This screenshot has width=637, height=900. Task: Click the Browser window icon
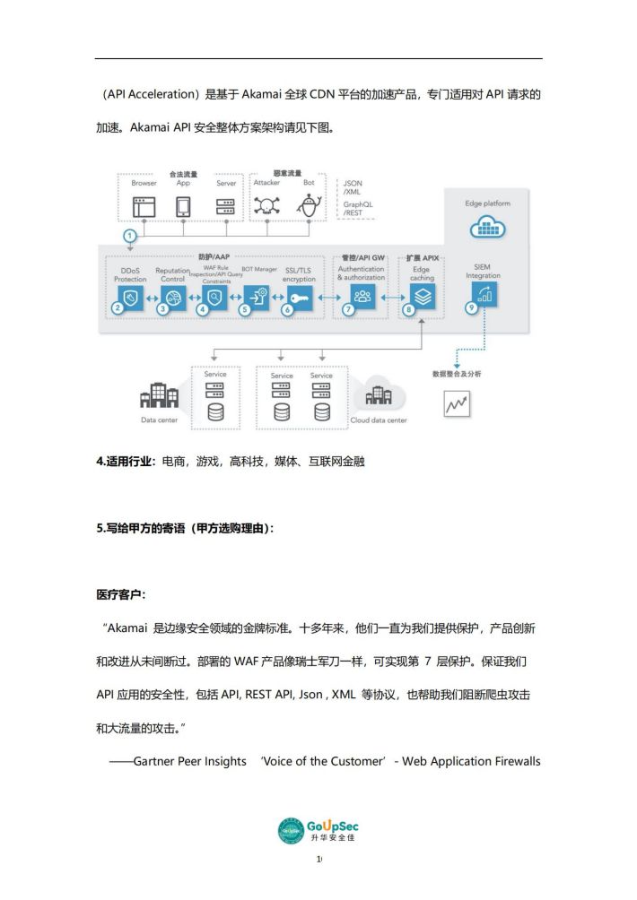(144, 206)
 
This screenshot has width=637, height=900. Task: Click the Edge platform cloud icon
(488, 228)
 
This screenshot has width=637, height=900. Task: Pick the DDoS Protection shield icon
(131, 297)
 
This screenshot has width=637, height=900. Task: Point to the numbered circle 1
(130, 236)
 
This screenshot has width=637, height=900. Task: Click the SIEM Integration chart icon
(484, 295)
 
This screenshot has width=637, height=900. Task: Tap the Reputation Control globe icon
(172, 297)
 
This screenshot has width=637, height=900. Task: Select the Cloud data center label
(379, 420)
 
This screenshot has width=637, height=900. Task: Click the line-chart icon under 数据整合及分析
(457, 404)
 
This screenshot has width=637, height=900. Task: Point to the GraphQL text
(358, 204)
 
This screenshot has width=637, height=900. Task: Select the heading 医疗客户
(120, 594)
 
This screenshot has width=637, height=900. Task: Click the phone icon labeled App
(183, 206)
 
